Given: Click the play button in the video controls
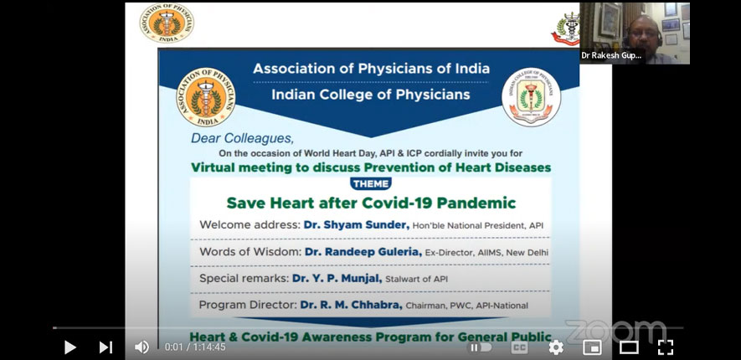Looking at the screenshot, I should [70, 347].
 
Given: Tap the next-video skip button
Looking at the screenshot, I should [105, 347].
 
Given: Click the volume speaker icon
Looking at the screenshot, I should [142, 347].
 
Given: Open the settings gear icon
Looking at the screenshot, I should [556, 347].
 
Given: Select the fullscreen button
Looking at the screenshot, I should [666, 347].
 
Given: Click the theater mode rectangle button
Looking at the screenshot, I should [629, 347].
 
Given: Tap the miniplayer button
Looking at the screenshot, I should [592, 347].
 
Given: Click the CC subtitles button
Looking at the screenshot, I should [520, 347].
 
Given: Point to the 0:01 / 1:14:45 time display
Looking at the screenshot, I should [196, 347].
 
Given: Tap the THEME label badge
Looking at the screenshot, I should [371, 183].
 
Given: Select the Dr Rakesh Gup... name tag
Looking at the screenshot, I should [611, 55].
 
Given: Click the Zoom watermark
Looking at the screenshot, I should [615, 330].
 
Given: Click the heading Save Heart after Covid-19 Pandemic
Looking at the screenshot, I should [371, 203].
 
